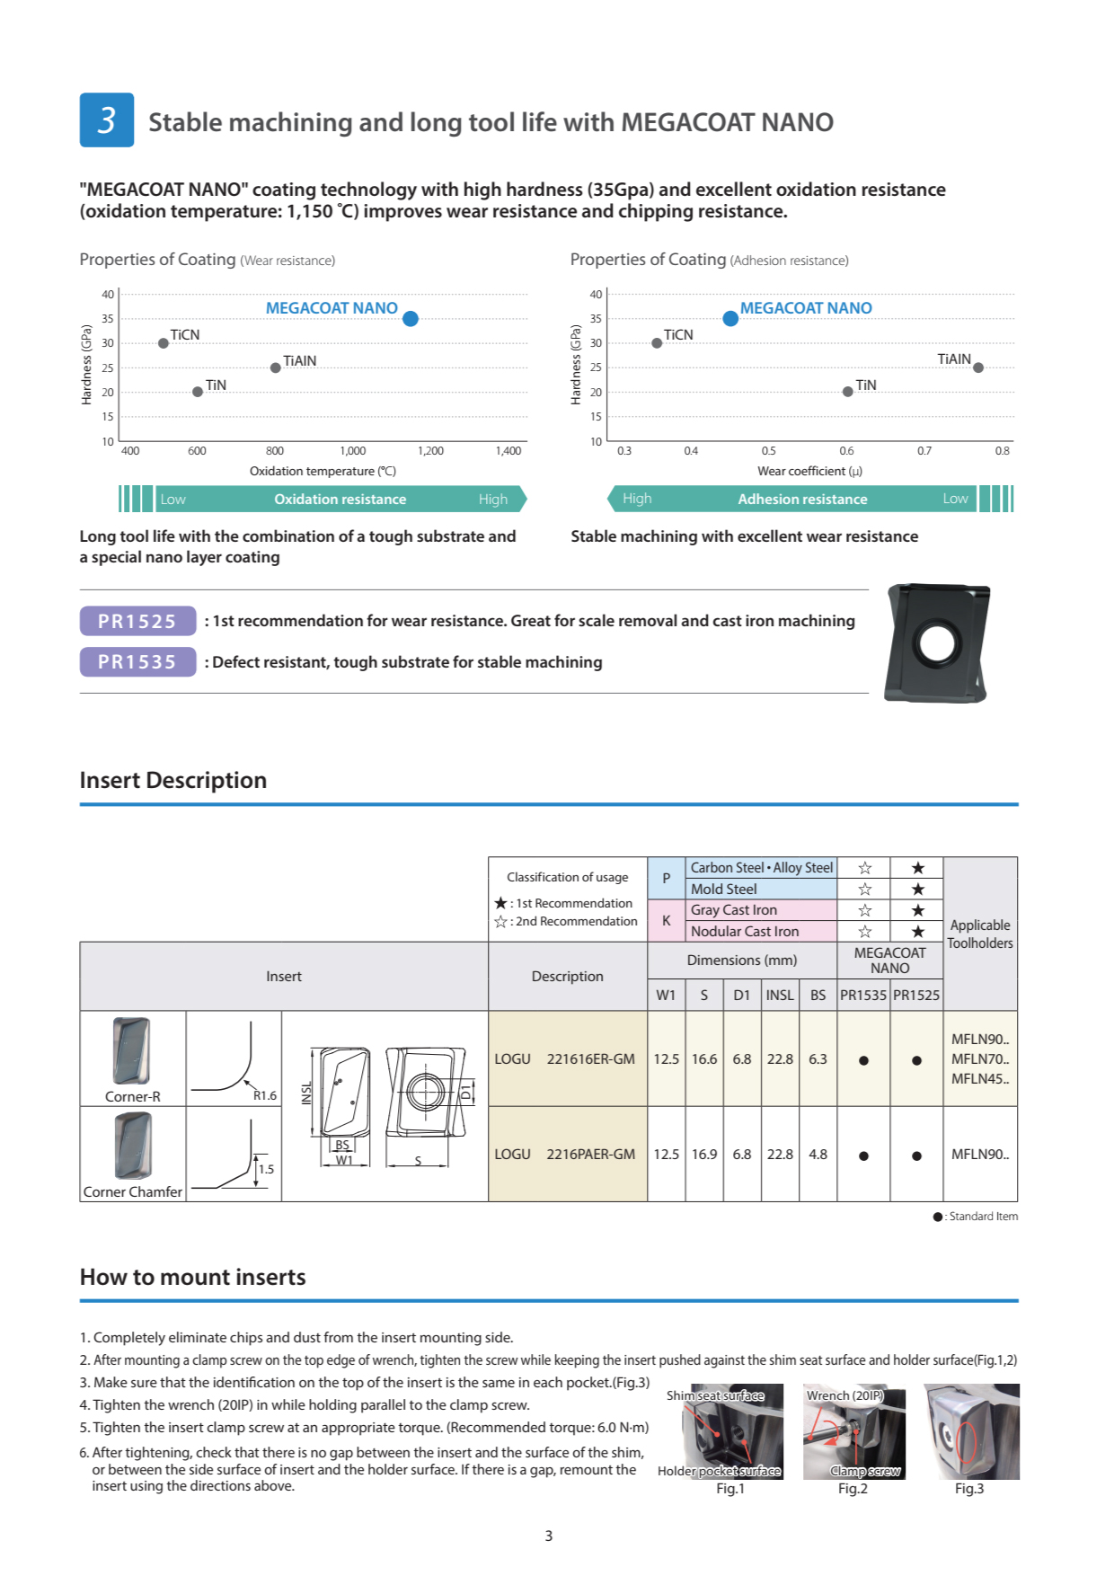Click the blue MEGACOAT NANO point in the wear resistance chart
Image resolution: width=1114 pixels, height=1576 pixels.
click(411, 319)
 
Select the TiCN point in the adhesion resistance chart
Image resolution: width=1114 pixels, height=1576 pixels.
click(657, 343)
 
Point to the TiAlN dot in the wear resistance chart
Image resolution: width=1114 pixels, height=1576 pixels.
click(276, 367)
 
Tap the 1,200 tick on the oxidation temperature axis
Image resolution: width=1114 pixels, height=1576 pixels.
click(430, 451)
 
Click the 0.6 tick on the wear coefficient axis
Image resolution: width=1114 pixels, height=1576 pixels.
click(846, 451)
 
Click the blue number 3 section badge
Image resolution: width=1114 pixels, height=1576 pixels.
click(107, 120)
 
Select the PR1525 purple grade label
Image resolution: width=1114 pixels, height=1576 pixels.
click(137, 621)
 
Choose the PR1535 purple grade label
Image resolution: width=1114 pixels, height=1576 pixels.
click(137, 662)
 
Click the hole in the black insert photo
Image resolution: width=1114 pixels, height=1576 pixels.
click(937, 642)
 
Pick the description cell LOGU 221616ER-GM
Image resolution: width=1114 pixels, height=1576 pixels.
click(566, 1059)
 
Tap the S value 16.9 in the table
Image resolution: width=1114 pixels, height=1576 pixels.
click(704, 1155)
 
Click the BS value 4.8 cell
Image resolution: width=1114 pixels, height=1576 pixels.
click(818, 1155)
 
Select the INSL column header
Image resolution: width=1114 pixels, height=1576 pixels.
click(780, 996)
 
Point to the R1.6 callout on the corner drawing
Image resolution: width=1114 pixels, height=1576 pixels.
click(265, 1095)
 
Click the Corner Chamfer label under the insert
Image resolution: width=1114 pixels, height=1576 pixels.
click(133, 1192)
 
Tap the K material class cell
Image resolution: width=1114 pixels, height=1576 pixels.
click(666, 921)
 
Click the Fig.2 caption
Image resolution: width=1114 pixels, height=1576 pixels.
click(853, 1489)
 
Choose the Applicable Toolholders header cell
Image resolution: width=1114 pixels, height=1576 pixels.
click(980, 934)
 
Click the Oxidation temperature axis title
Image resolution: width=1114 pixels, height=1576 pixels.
click(323, 472)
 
